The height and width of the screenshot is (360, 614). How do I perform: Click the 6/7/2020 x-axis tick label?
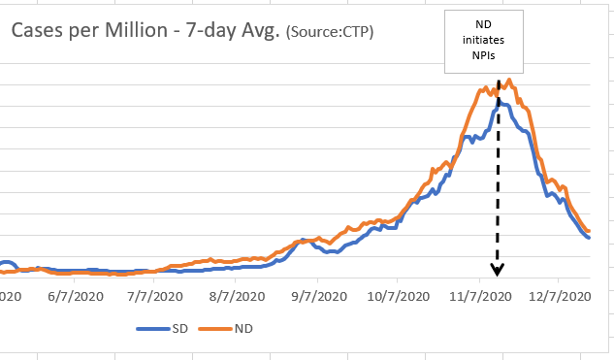[74, 297]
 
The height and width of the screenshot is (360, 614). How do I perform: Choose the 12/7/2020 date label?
[560, 297]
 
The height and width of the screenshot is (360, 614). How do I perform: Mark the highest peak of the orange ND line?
[507, 80]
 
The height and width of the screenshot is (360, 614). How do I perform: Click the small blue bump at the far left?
[7, 263]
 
